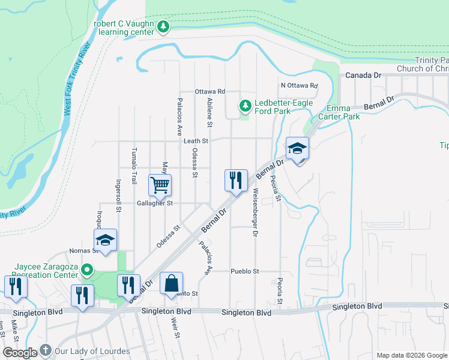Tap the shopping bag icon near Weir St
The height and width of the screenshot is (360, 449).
[x=171, y=283]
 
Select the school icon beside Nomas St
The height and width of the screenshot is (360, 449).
[x=105, y=242]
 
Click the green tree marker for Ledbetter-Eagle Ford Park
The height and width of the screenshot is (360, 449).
[x=245, y=106]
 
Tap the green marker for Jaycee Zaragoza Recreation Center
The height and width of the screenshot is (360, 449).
[x=87, y=271]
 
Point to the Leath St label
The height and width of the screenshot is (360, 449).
[x=196, y=141]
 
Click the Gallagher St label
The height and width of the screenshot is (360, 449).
[x=154, y=203]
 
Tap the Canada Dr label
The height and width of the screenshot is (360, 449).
[x=364, y=76]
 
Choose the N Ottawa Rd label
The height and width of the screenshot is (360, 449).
[x=298, y=85]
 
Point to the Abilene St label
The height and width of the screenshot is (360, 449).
[x=210, y=113]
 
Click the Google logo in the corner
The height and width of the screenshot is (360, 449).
[x=20, y=353]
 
